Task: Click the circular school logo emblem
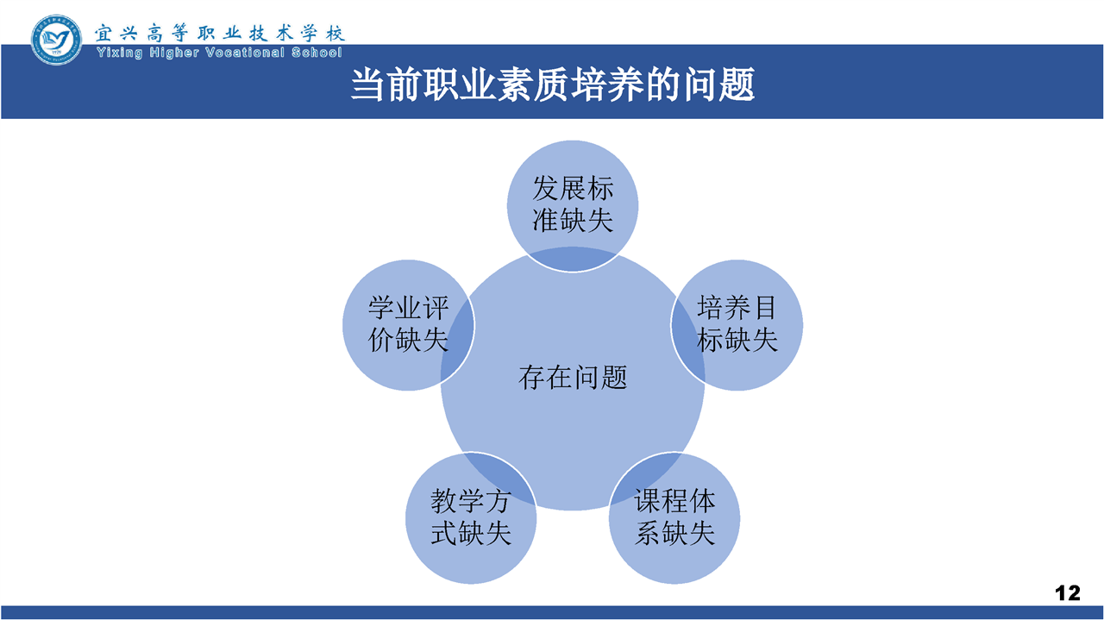point(56,40)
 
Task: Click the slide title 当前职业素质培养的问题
point(553,85)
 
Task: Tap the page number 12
point(1068,593)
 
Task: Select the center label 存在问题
point(573,378)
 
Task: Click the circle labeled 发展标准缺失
point(573,205)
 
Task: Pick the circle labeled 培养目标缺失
point(737,325)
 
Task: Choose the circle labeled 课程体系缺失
point(674,518)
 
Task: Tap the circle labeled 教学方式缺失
point(471,518)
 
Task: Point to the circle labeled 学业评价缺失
point(408,325)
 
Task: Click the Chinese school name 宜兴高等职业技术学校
point(220,33)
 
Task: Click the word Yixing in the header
point(120,53)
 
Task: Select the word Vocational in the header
point(245,53)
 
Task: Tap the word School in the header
point(317,53)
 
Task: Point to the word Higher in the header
point(174,53)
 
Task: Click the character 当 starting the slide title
point(367,85)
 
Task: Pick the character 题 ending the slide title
point(737,85)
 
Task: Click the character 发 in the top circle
point(546,189)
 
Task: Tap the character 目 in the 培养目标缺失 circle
point(765,308)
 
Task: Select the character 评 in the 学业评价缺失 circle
point(436,308)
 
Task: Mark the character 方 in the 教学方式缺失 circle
point(498,501)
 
